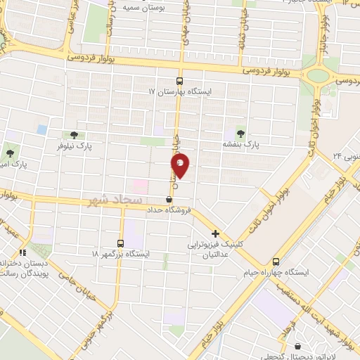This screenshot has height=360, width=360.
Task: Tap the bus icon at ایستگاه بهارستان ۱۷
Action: click(179, 81)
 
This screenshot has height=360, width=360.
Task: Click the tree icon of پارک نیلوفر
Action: click(75, 135)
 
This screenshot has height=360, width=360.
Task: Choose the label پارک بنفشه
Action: click(242, 143)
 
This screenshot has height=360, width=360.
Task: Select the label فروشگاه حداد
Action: click(168, 210)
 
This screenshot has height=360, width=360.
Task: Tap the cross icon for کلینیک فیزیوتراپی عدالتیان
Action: click(215, 233)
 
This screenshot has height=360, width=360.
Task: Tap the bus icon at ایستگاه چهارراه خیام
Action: click(276, 259)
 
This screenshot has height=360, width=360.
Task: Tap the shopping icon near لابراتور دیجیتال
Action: click(300, 346)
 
